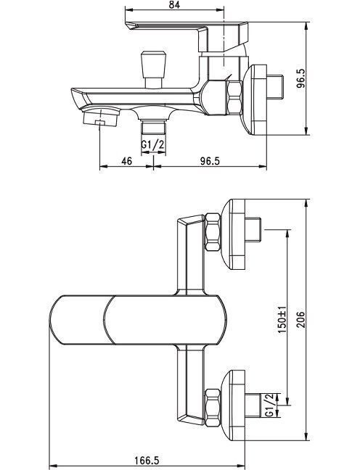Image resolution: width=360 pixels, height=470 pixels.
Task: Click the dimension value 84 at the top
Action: (174, 4)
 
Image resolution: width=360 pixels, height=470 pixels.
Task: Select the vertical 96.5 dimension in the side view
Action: (301, 78)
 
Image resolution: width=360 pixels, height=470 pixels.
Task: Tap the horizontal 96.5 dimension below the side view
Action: (210, 161)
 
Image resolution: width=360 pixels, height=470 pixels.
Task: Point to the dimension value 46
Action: (126, 161)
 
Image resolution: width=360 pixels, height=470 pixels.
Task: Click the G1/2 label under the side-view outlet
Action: (153, 145)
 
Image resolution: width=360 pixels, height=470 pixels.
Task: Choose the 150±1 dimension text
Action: (282, 321)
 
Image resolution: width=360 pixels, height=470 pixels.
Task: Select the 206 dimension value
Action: (301, 320)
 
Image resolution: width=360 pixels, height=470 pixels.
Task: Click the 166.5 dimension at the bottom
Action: (147, 461)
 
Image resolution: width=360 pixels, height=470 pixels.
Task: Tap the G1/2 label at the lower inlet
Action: (270, 405)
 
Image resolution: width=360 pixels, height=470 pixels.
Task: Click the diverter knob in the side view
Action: (154, 70)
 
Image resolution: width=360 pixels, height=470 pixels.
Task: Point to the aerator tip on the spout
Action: (100, 117)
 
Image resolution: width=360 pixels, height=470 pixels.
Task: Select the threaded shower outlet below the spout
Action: (153, 126)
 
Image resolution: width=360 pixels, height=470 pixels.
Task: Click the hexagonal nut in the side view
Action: (234, 97)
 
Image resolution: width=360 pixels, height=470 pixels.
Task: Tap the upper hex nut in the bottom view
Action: (213, 231)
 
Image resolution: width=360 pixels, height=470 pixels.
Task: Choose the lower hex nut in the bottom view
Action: (213, 407)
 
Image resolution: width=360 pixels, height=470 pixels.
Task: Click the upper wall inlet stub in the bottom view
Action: (253, 230)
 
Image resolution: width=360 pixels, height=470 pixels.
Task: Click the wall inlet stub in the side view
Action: (275, 87)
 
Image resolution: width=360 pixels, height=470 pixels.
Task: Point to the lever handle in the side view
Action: (188, 36)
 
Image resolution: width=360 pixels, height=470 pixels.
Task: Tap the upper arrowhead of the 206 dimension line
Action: (306, 203)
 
